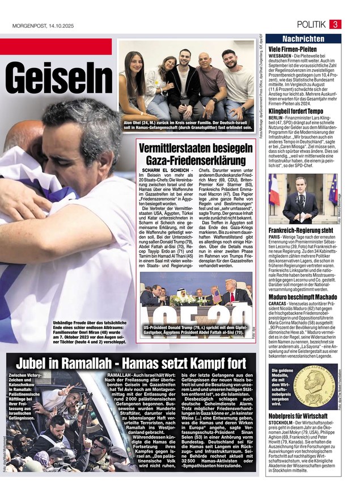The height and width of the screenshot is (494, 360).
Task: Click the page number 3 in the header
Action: click(335, 24)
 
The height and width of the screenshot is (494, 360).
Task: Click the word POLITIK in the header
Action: click(311, 24)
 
